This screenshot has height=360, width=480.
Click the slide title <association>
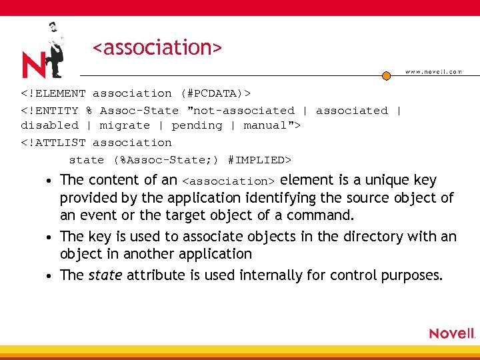(157, 48)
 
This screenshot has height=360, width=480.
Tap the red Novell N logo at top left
(33, 65)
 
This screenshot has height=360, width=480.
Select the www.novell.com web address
(433, 72)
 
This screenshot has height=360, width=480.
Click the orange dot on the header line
(386, 75)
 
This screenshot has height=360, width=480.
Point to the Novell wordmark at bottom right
(452, 333)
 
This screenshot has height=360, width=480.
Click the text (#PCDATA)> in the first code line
(215, 94)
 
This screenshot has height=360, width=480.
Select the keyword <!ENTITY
(49, 111)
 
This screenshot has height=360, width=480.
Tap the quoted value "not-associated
(241, 111)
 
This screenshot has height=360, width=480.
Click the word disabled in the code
(49, 125)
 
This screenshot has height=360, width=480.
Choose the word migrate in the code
(125, 125)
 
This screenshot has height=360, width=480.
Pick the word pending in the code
(197, 125)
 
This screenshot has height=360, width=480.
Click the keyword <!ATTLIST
(53, 143)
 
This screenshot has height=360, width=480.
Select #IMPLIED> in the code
(259, 160)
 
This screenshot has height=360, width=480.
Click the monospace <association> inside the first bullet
(228, 181)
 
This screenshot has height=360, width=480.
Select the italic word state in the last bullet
(105, 275)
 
